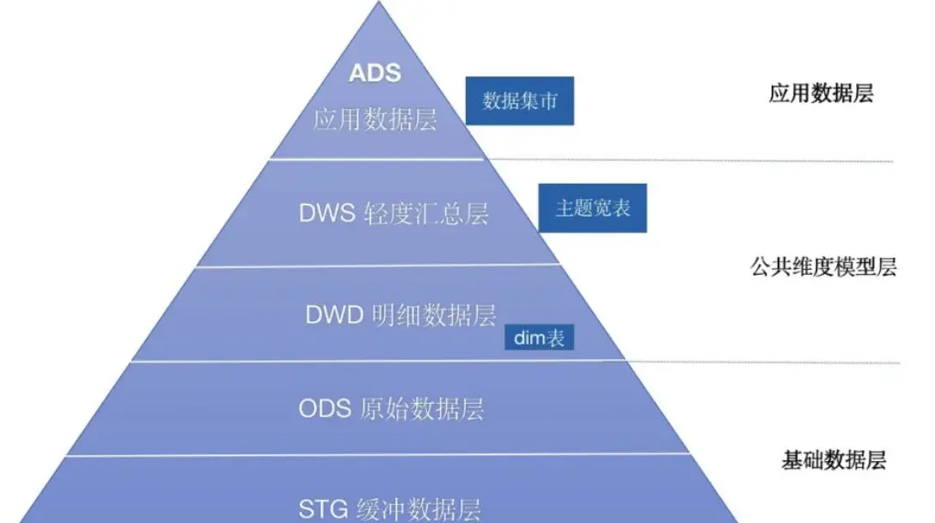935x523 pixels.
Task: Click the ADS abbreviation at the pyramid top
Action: (x=375, y=73)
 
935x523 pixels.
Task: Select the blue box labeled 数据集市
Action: (x=519, y=100)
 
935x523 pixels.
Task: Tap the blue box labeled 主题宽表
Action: (x=592, y=208)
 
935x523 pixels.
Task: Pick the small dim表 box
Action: (x=539, y=338)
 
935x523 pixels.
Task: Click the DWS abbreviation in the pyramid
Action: (x=327, y=213)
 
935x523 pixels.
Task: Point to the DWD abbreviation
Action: (x=334, y=314)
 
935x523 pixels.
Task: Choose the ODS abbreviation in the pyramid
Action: (x=324, y=409)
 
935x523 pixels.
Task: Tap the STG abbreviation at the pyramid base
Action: (x=323, y=509)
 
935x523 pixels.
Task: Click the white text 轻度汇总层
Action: (x=425, y=213)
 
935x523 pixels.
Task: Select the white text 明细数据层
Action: (x=433, y=315)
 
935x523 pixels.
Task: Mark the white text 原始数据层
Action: (x=422, y=410)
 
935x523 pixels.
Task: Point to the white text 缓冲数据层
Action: (x=419, y=510)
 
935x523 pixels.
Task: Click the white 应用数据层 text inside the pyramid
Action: (x=375, y=119)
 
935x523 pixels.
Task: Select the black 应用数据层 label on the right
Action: (x=821, y=93)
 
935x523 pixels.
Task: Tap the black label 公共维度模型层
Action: (x=823, y=266)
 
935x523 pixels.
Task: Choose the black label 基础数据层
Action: (x=834, y=459)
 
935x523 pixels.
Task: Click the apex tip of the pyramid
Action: (x=378, y=2)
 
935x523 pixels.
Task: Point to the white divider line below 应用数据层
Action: (x=377, y=159)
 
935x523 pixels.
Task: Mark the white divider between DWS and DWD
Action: (x=378, y=265)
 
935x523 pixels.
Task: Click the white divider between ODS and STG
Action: (x=377, y=455)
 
